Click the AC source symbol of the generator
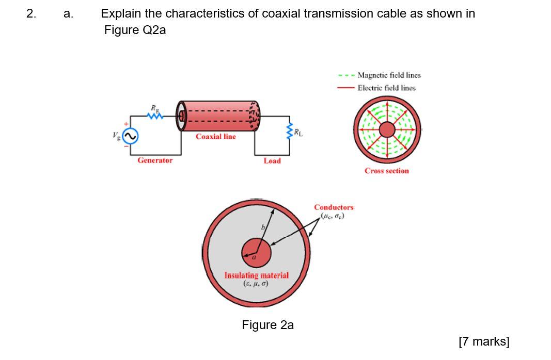pos(130,136)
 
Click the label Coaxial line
pos(216,137)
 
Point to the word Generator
pos(155,160)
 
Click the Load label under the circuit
pos(272,161)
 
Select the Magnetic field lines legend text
pos(389,75)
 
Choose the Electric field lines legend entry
pos(386,88)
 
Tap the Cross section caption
pos(386,171)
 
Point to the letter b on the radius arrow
pos(262,227)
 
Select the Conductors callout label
pos(334,207)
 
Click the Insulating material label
pos(256,275)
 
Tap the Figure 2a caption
pos(267,325)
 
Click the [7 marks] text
pos(484,341)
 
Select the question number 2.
pos(31,14)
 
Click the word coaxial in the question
pos(280,14)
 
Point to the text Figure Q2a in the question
pos(135,30)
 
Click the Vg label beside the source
pos(116,136)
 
